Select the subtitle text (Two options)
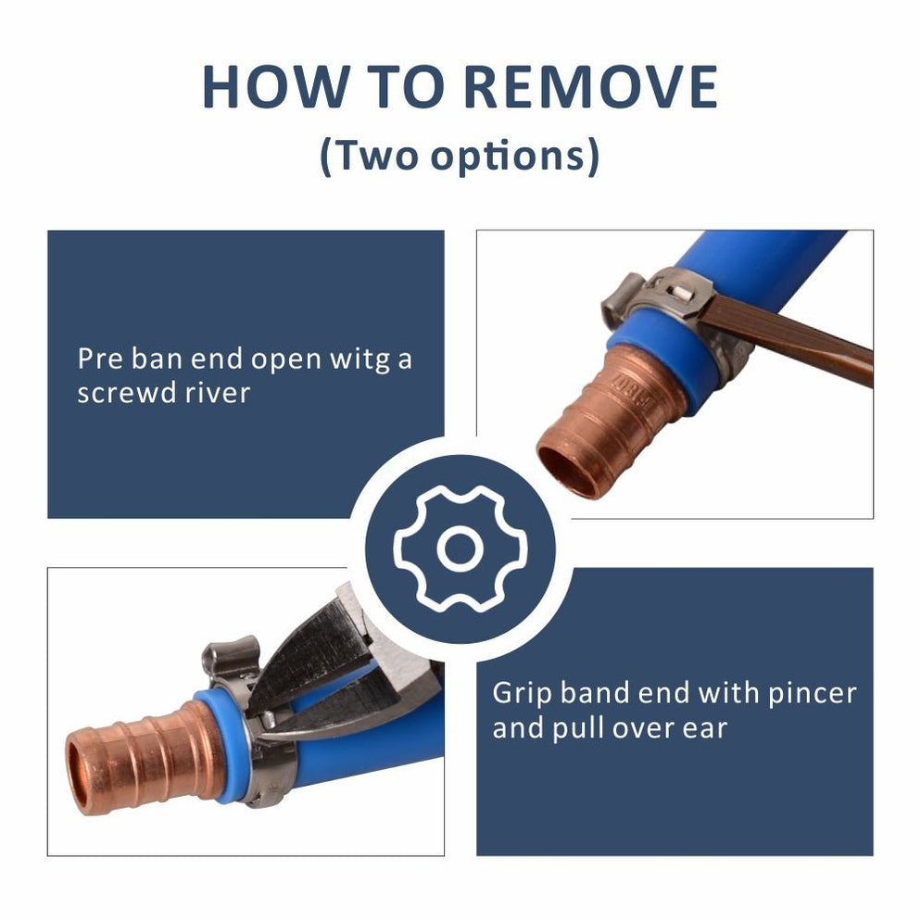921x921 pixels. point(460,156)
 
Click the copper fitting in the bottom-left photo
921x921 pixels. point(148,755)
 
